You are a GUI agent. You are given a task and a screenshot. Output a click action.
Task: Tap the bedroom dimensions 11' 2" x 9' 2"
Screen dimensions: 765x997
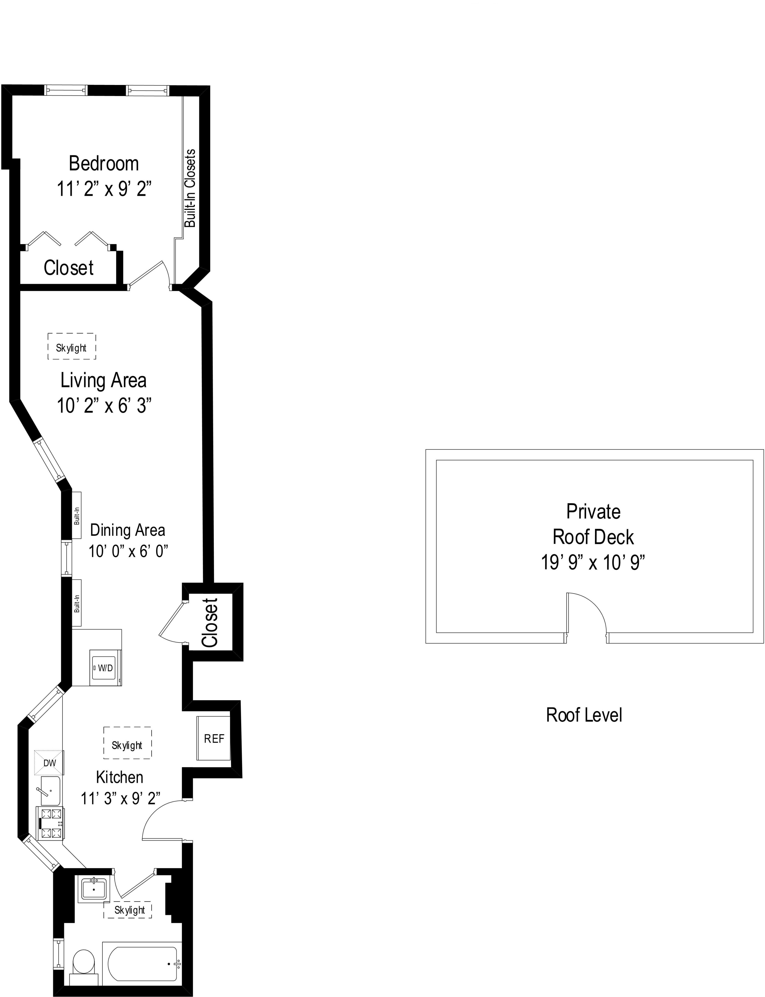tap(104, 188)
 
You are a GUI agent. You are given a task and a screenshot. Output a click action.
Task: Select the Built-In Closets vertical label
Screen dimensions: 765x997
tap(190, 188)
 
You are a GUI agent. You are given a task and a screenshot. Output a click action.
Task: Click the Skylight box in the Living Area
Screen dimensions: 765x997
tap(71, 348)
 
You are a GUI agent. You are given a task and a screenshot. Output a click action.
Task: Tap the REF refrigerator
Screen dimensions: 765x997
tap(214, 738)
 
